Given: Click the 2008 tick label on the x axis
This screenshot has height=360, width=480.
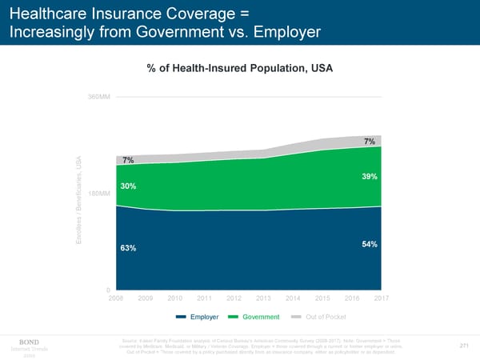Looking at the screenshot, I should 116,298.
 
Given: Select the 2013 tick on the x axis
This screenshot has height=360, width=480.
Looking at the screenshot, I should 264,298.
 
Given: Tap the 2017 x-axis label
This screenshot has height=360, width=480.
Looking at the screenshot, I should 381,298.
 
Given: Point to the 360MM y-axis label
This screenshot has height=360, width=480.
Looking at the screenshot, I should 99,97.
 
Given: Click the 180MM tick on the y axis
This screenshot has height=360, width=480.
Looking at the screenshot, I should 99,194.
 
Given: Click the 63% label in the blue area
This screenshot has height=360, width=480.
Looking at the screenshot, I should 128,248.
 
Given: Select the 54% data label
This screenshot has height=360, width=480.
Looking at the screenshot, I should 370,244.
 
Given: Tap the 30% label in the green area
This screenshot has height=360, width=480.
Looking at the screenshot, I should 128,186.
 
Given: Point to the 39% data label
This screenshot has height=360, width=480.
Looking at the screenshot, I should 370,176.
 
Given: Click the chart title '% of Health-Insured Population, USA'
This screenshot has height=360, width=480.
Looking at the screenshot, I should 239,68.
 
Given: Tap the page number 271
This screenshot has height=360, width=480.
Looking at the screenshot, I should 463,346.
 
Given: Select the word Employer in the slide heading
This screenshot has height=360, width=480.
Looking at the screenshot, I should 278,32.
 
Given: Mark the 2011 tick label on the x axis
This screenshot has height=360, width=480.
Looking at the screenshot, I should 205,298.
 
